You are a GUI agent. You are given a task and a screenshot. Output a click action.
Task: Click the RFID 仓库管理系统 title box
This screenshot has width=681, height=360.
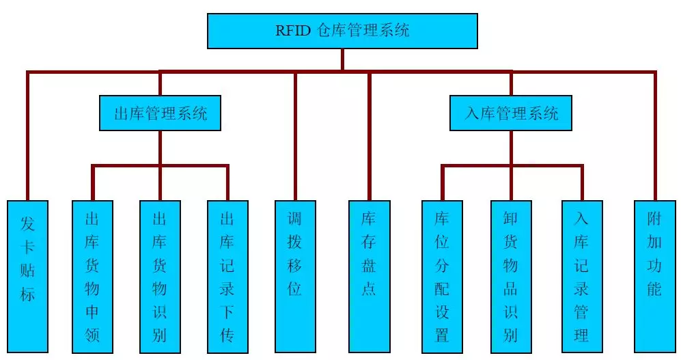[342, 31]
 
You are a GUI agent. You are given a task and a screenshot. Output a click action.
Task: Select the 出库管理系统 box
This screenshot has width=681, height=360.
[160, 113]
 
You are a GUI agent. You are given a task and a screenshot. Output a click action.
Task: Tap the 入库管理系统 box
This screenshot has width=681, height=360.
[511, 113]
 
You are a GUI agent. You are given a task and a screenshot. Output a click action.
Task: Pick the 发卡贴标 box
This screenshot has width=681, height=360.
[27, 276]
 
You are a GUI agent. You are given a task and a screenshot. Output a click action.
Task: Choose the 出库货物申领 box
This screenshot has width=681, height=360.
[92, 276]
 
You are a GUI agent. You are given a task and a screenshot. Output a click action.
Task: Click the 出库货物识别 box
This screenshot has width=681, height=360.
[160, 276]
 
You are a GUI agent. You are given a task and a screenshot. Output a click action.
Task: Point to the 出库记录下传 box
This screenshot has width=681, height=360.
[227, 276]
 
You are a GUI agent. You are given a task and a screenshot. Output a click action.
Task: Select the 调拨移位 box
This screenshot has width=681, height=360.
[295, 276]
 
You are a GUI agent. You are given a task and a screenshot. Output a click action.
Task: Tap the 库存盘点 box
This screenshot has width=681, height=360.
[369, 276]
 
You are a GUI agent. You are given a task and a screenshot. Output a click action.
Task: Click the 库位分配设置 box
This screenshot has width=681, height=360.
[442, 276]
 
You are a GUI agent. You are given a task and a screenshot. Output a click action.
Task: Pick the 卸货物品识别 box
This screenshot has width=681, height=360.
[511, 276]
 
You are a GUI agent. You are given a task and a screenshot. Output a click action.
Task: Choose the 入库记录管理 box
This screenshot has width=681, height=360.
[582, 276]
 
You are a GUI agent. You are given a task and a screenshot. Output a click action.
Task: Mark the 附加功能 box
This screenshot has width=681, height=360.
[654, 276]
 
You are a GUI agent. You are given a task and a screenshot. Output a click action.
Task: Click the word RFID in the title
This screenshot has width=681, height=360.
[293, 31]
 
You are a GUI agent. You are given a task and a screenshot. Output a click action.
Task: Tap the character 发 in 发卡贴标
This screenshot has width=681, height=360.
[27, 224]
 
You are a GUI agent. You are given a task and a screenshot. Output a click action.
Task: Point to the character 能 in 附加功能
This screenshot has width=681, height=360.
[654, 289]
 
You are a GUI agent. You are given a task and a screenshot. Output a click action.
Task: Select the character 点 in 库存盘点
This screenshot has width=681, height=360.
[369, 289]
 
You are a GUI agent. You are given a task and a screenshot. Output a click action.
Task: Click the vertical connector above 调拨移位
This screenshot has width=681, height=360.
[295, 136]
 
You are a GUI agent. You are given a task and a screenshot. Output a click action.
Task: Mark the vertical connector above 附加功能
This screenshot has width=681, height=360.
[655, 136]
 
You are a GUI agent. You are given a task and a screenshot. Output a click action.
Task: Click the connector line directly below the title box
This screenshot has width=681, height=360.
[343, 59]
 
